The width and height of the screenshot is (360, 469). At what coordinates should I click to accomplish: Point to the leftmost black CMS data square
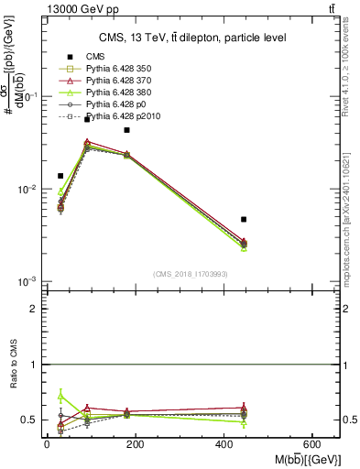coord(60,175)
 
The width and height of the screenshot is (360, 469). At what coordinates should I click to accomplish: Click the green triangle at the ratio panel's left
coord(60,396)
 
